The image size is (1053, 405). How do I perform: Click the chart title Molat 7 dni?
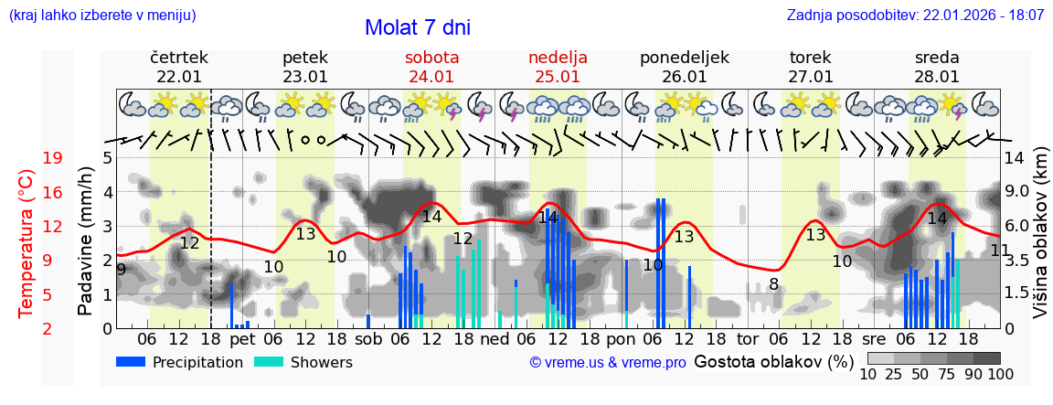click(417, 27)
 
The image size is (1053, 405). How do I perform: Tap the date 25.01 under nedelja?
click(558, 77)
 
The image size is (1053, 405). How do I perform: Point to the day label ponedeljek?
click(684, 58)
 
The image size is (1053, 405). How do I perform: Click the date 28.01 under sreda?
click(937, 77)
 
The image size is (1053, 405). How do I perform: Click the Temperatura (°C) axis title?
click(27, 244)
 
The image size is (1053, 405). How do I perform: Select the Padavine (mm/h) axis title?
click(86, 240)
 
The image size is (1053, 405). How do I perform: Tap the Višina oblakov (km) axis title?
click(1040, 241)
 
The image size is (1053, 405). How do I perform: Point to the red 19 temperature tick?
click(52, 158)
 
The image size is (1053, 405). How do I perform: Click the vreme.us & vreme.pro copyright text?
click(608, 362)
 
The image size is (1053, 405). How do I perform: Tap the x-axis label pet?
click(242, 339)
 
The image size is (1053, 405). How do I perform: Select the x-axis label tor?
click(748, 339)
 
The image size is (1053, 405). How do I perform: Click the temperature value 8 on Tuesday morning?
click(773, 284)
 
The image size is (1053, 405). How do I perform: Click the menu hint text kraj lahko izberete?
click(101, 16)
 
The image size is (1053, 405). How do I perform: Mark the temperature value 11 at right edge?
click(1000, 250)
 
